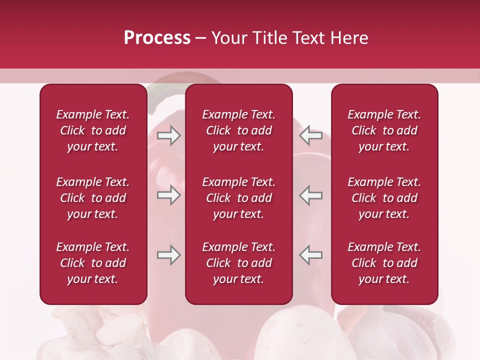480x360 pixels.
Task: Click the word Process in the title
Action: [x=157, y=38]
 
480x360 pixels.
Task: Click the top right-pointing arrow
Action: [x=168, y=135]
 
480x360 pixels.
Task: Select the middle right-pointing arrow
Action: [x=168, y=195]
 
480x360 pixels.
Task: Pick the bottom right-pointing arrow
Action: [x=168, y=255]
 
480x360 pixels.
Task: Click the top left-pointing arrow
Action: [x=311, y=135]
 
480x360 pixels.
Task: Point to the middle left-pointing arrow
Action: [x=311, y=195]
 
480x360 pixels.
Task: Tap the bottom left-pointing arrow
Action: [x=311, y=255]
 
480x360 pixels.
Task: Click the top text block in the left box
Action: [x=93, y=130]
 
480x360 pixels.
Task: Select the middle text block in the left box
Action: [x=93, y=198]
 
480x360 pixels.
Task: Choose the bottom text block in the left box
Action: [x=93, y=263]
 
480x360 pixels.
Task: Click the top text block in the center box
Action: [x=238, y=130]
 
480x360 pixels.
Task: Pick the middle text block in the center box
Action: [x=238, y=198]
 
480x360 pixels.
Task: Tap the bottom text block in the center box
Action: [x=238, y=263]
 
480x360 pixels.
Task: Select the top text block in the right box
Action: [x=384, y=130]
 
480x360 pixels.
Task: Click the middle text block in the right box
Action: [x=384, y=198]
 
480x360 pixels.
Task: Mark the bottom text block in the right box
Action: [x=384, y=263]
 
